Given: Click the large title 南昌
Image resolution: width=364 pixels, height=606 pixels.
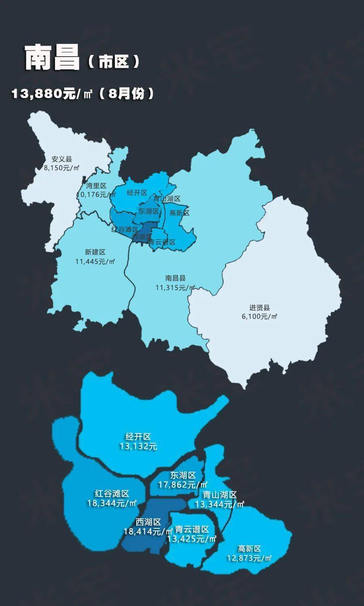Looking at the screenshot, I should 52,58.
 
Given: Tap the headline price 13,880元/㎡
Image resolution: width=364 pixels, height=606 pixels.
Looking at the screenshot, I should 52,94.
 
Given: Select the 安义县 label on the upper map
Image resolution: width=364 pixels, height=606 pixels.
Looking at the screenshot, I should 61,159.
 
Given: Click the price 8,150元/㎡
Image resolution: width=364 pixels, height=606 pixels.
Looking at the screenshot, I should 62,168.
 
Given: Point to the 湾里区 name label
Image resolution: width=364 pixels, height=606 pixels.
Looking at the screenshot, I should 96,186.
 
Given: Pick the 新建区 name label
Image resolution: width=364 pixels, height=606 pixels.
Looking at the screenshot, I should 95,252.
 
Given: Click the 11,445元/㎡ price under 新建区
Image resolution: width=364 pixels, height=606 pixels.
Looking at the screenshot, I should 95,261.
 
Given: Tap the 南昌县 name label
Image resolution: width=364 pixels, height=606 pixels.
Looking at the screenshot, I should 176,278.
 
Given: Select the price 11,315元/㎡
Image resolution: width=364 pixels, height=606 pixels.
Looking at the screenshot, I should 175,288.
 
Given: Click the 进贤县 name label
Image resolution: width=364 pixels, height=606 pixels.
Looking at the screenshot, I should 260,307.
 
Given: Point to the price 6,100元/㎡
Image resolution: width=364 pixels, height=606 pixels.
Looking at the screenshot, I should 260,316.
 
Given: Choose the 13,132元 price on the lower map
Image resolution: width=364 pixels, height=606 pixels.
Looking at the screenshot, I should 138,446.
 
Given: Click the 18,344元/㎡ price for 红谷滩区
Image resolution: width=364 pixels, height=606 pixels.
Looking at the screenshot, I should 112,503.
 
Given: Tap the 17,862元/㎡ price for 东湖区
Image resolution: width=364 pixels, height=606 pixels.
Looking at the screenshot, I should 183,484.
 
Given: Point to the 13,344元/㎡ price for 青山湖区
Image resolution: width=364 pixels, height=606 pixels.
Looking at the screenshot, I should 220,504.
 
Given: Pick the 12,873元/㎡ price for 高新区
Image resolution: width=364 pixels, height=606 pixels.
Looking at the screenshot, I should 249,558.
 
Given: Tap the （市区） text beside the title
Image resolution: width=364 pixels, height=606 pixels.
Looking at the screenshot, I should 114,62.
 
